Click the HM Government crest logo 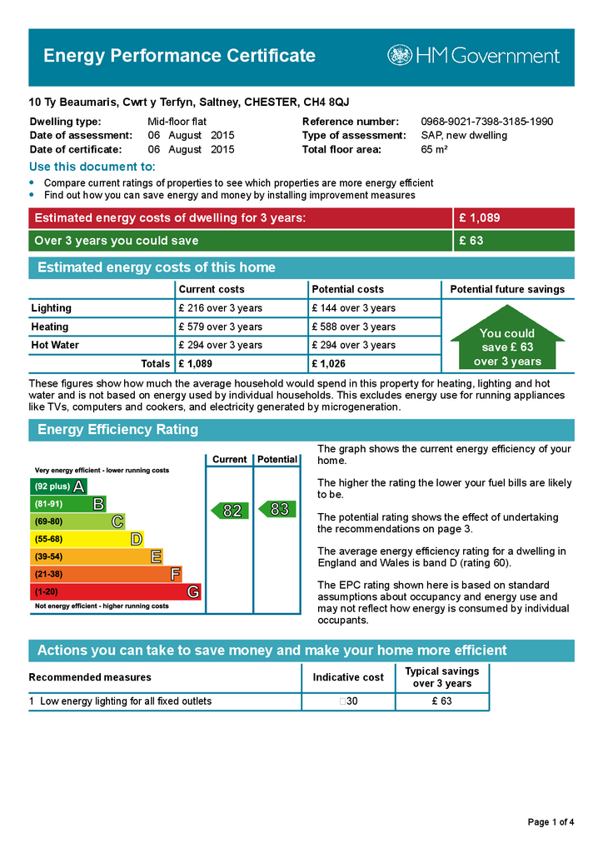(x=400, y=56)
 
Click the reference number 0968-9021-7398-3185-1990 (x=486, y=122)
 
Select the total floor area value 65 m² (x=435, y=150)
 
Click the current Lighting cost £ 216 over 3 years (x=220, y=308)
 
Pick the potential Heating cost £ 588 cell (x=353, y=327)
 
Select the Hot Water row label (x=54, y=345)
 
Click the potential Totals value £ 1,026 (x=328, y=364)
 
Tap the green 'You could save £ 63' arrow (x=507, y=347)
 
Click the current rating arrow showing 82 (x=230, y=511)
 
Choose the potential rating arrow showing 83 (x=277, y=509)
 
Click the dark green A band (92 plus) (x=58, y=486)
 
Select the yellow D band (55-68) (x=87, y=540)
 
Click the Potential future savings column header (x=507, y=289)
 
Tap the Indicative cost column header (x=348, y=677)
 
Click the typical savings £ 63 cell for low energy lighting (x=441, y=701)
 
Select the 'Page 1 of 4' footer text (x=551, y=822)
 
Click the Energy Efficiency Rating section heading (x=118, y=430)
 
